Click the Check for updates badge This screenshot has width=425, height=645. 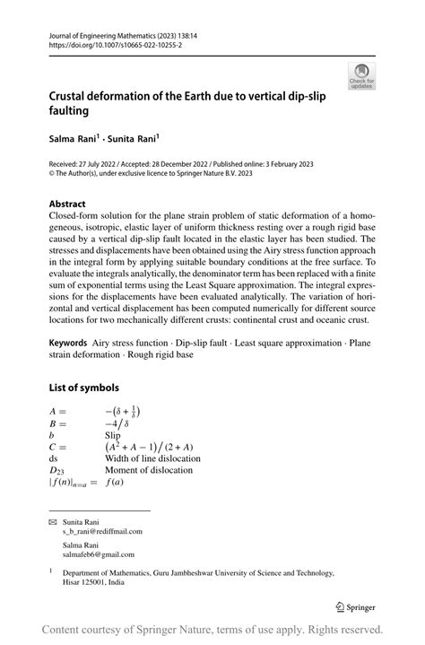[x=362, y=76]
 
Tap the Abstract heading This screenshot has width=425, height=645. [x=67, y=204]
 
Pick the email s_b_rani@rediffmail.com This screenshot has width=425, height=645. [x=102, y=531]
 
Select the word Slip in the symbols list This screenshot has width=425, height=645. [x=115, y=433]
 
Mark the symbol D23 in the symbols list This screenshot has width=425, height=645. [x=57, y=469]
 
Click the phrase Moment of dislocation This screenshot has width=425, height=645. [x=148, y=469]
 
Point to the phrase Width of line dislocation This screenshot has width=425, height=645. [x=152, y=458]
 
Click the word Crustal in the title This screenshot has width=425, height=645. [x=74, y=97]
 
